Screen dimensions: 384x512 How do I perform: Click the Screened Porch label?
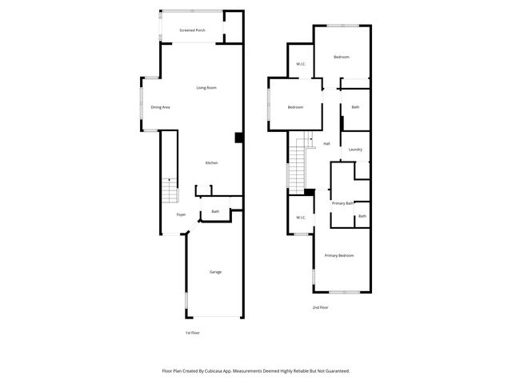[192, 30]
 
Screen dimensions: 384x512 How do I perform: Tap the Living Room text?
[207, 87]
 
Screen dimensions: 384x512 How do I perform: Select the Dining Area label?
[160, 107]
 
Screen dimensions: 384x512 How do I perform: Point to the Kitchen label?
[211, 163]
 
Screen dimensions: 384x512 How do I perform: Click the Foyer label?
[181, 214]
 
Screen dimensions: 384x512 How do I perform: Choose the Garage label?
[215, 272]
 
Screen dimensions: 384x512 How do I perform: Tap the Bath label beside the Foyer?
[215, 212]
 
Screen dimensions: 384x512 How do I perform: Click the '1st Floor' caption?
[193, 332]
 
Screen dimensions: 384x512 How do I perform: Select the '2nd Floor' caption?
[320, 307]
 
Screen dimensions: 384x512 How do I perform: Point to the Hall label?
[326, 144]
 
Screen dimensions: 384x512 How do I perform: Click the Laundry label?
[355, 150]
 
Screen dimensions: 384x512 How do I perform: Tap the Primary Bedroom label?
[339, 255]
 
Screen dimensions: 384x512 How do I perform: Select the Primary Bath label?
[342, 203]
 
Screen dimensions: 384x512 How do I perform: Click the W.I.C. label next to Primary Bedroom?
[301, 218]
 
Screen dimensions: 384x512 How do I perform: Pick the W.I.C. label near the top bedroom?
[301, 64]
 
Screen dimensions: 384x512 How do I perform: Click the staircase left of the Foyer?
[170, 191]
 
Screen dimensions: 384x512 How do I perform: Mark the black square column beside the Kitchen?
[238, 138]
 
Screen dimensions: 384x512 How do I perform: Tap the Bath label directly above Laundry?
[355, 107]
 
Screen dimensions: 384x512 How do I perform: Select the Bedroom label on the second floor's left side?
[295, 107]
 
